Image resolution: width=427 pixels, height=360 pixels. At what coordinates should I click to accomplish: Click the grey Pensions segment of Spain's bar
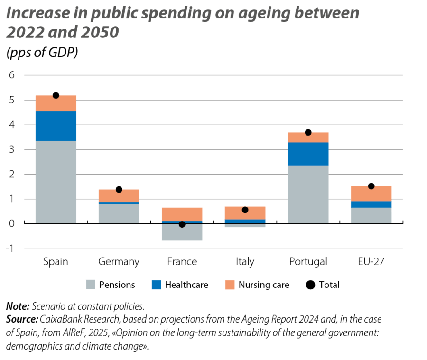[x=56, y=182]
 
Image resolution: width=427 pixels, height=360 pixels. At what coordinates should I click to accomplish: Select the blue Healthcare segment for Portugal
[x=308, y=154]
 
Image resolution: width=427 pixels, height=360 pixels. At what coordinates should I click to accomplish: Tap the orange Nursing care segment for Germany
[x=119, y=195]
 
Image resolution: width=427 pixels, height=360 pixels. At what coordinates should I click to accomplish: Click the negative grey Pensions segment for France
[x=182, y=232]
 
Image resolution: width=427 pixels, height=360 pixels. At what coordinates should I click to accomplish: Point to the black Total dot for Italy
[x=245, y=210]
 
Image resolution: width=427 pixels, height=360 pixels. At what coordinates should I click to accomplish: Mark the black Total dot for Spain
[x=56, y=95]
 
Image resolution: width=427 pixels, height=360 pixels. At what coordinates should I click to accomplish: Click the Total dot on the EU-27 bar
[x=371, y=186]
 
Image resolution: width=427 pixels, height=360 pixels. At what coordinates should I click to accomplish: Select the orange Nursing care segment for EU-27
[x=371, y=194]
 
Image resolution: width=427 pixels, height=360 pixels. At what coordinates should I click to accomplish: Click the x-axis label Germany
[x=119, y=262]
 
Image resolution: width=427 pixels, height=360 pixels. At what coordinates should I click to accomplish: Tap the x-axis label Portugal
[x=308, y=262]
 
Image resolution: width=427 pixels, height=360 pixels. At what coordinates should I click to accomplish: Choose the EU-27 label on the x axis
[x=371, y=262]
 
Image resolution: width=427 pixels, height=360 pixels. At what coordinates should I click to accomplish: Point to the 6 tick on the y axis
[x=12, y=75]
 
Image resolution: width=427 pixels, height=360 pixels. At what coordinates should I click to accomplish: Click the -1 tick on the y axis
[x=11, y=249]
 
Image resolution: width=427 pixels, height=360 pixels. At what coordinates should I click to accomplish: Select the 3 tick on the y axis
[x=12, y=149]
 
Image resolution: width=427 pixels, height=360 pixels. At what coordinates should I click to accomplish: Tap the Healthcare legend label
[x=186, y=285]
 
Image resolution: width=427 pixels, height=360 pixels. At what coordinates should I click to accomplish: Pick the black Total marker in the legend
[x=310, y=285]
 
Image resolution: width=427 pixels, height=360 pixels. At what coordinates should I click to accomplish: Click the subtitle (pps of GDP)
[x=42, y=53]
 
